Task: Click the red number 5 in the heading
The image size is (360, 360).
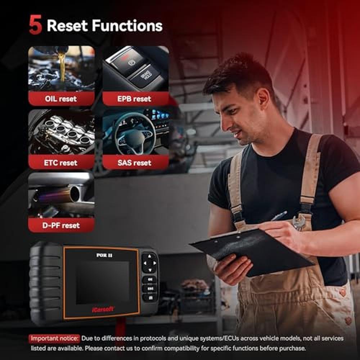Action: click(x=35, y=25)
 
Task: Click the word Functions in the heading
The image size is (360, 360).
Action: click(x=127, y=26)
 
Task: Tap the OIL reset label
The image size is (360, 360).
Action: click(x=61, y=99)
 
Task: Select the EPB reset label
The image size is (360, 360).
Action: click(x=134, y=99)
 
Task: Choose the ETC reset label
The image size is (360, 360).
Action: click(x=61, y=163)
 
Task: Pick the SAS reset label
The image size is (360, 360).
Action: click(x=134, y=163)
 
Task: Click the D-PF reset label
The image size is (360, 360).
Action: click(x=61, y=225)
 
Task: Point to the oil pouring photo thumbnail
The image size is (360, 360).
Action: click(x=61, y=68)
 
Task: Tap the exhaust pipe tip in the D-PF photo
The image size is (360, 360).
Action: click(x=75, y=194)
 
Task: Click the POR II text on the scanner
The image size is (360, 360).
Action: click(x=104, y=255)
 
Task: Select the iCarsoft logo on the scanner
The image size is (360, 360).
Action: click(x=103, y=309)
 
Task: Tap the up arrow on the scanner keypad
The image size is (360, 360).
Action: click(x=149, y=256)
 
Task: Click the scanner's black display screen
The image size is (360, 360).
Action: click(x=103, y=282)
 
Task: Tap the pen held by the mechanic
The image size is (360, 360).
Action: click(x=279, y=216)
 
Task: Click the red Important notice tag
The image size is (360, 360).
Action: click(x=54, y=338)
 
